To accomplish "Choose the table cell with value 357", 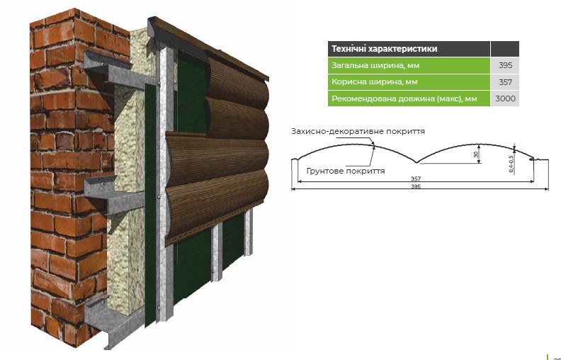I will (505, 82).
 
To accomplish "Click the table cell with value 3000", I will (505, 99).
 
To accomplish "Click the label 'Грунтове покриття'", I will (346, 171).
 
